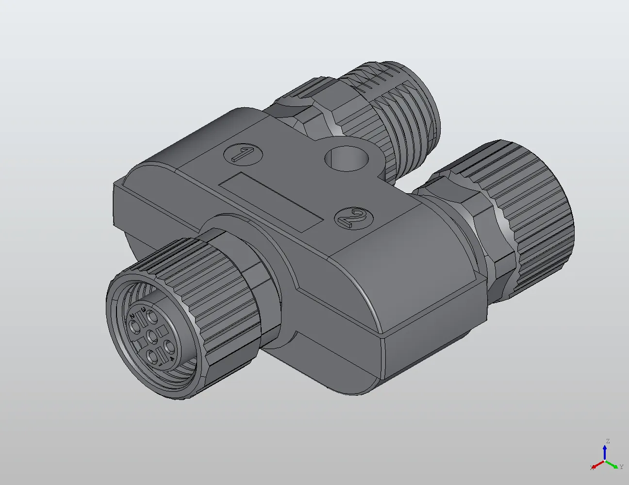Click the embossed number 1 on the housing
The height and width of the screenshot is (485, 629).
243,155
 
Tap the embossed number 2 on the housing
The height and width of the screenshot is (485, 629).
354,218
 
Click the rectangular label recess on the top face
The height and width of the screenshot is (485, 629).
270,201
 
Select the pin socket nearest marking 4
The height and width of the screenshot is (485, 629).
169,347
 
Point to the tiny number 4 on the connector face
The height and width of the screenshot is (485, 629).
172,359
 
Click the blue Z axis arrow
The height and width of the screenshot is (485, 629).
605,452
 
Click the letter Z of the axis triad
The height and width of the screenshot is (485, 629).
607,441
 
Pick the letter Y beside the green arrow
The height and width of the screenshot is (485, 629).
621,467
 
